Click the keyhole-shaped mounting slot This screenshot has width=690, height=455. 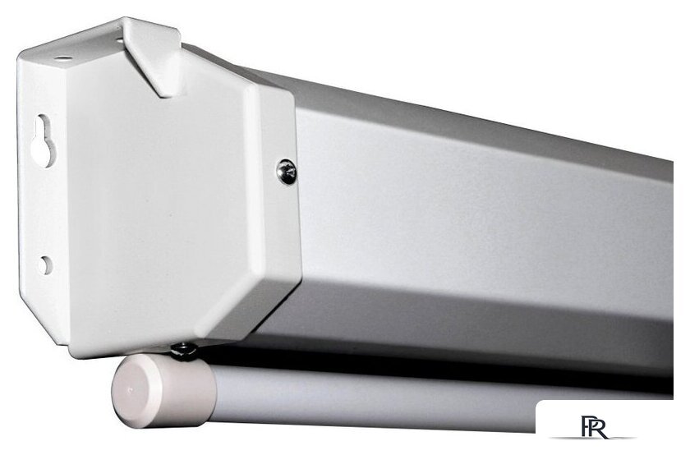[x=43, y=140]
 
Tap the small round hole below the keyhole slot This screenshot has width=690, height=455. [x=44, y=265]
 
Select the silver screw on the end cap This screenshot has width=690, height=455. [x=287, y=171]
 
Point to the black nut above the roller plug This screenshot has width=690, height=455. [x=184, y=349]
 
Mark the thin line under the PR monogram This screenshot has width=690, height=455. [x=593, y=438]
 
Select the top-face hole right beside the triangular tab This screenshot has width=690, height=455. [x=120, y=40]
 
